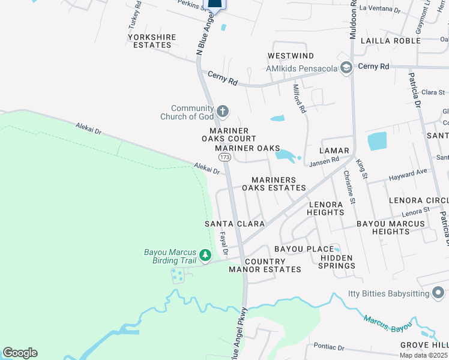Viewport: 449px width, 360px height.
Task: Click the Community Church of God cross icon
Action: (223, 110)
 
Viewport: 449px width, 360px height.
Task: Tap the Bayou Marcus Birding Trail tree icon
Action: (205, 256)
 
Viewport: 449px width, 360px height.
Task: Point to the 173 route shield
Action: (224, 157)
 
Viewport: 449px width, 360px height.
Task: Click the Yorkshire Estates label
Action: (152, 41)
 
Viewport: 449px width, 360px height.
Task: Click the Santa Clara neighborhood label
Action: (235, 224)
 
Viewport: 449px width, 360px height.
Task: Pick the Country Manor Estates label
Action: (265, 265)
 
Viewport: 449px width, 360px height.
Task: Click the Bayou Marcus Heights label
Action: (391, 227)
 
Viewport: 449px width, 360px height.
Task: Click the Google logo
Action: (20, 353)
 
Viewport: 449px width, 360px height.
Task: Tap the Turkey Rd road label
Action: (134, 15)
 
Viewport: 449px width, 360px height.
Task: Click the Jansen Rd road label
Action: (324, 161)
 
